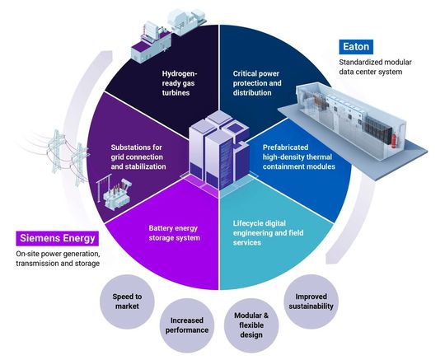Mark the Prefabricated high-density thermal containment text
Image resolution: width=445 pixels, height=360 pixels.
[x=289, y=161]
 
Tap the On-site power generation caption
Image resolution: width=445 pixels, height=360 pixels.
[x=58, y=259]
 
